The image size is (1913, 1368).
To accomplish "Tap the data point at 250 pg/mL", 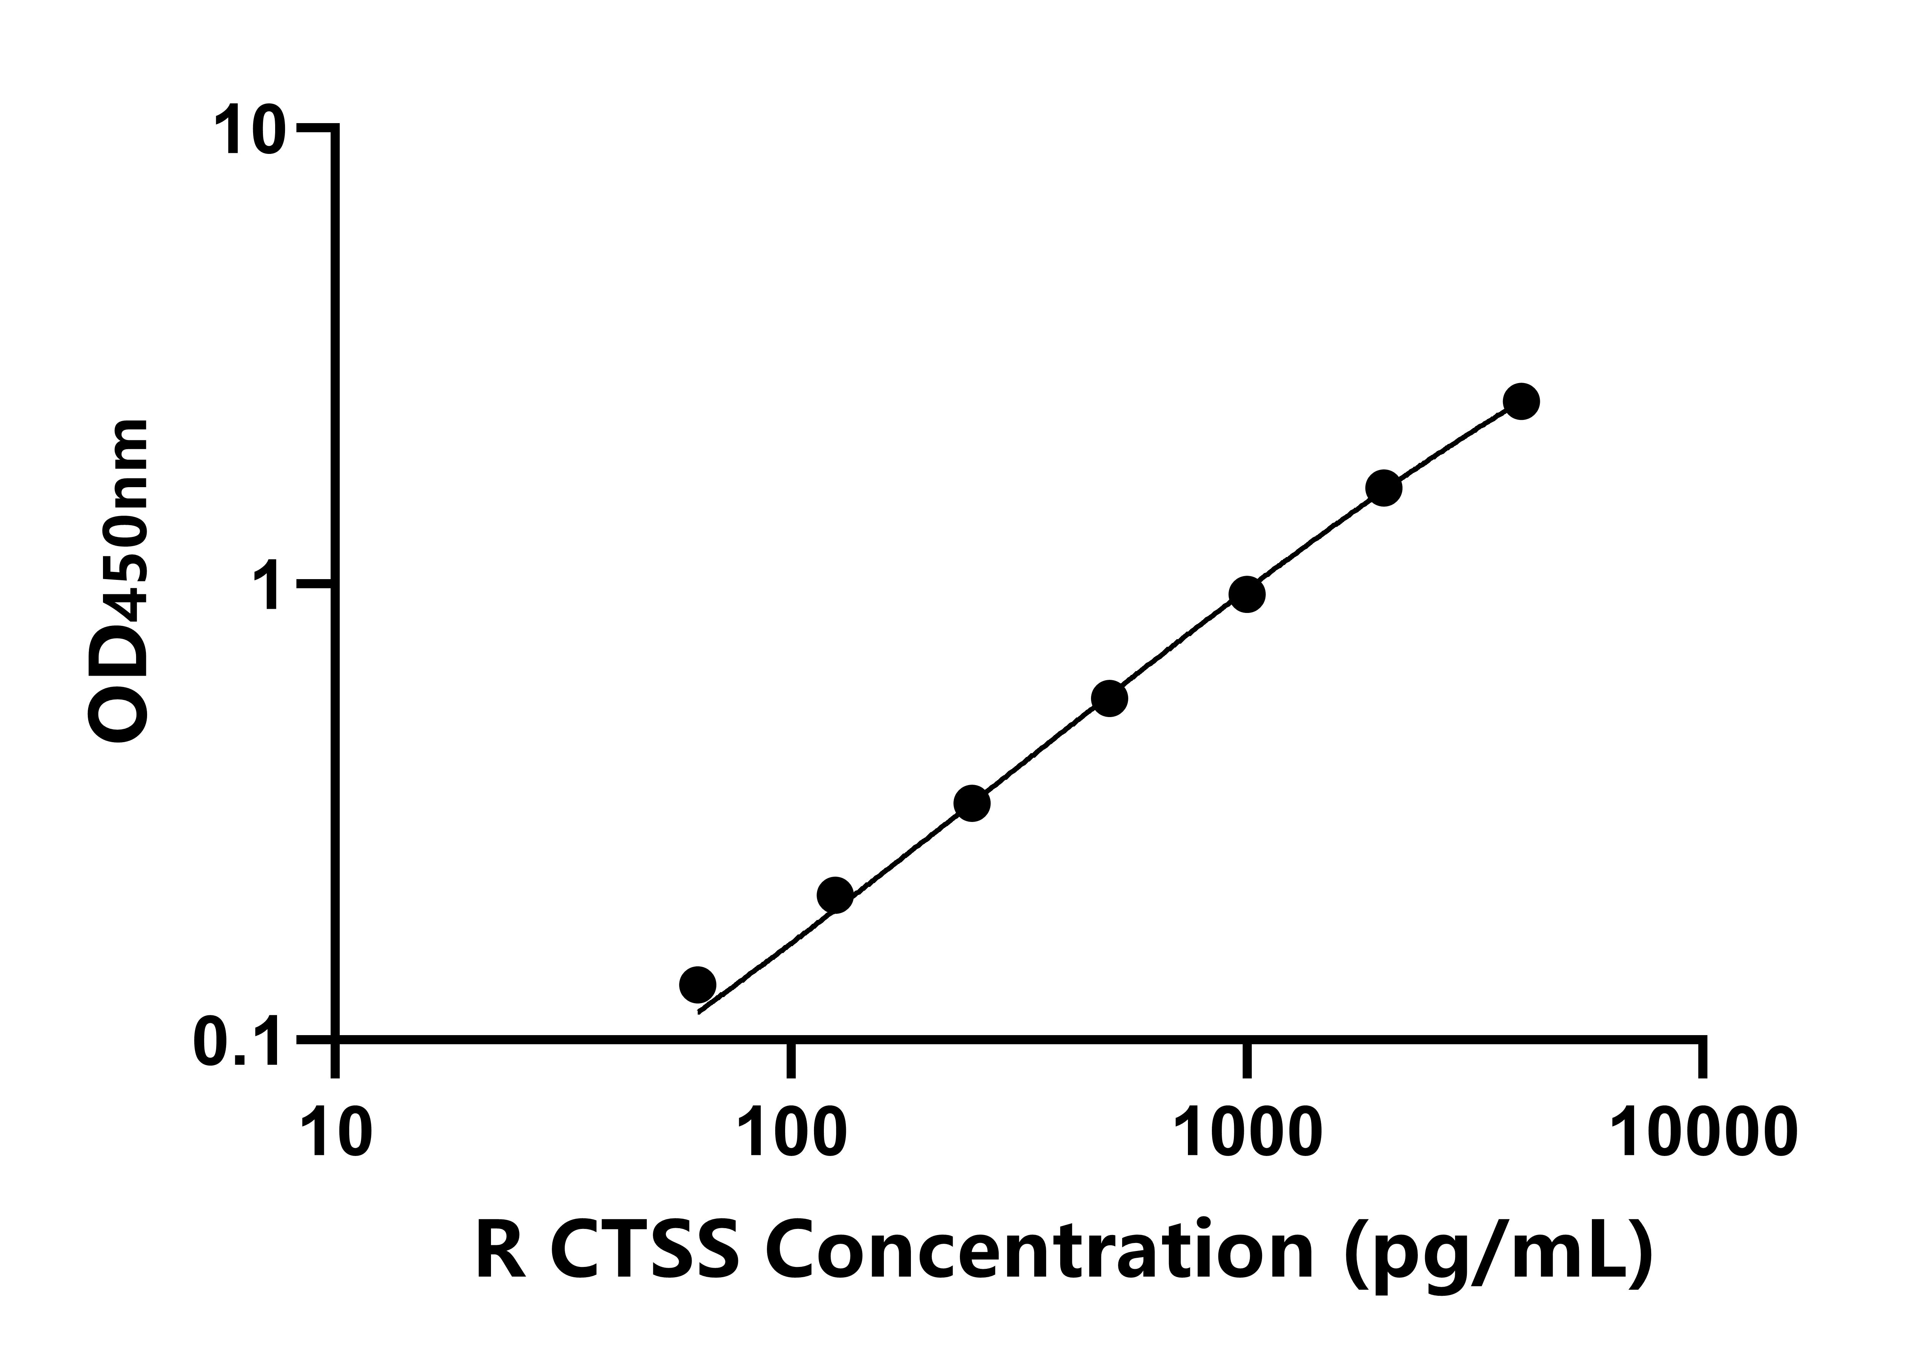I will click(972, 803).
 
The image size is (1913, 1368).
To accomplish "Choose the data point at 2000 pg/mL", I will click(1383, 488).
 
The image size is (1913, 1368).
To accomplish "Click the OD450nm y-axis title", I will click(118, 581).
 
